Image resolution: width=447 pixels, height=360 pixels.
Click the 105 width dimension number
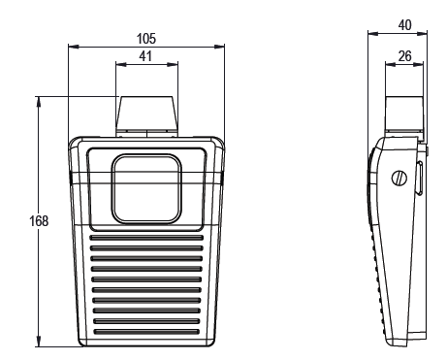click(146, 38)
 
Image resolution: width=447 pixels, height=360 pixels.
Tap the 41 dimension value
click(146, 57)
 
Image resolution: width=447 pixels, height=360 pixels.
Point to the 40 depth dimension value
click(404, 24)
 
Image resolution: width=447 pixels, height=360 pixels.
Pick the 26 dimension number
click(404, 57)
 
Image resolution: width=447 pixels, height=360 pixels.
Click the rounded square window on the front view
click(146, 187)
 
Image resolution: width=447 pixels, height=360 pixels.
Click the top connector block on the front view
click(146, 115)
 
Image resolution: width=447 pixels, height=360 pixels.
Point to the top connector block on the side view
click(403, 115)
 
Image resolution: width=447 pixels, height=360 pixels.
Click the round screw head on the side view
click(398, 178)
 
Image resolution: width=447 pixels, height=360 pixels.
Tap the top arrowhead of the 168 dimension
click(39, 99)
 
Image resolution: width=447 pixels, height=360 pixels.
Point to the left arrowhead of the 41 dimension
click(118, 65)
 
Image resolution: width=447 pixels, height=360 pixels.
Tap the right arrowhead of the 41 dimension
click(176, 65)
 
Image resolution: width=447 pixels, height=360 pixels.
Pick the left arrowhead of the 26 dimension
click(389, 66)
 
